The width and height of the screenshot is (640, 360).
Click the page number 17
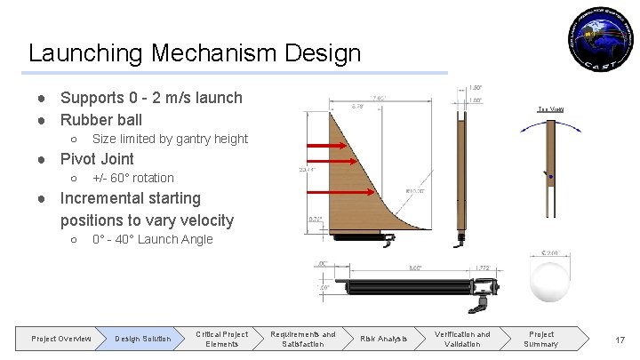tap(619, 339)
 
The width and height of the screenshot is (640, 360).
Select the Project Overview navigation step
tap(60, 339)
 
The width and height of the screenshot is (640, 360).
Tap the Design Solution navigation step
tap(142, 339)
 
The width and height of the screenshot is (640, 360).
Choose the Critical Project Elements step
tap(221, 339)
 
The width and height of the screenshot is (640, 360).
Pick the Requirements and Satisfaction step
tap(302, 339)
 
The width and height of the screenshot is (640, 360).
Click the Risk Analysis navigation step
tap(383, 339)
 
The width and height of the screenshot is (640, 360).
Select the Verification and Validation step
tap(461, 339)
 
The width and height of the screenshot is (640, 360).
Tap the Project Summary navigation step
tap(540, 339)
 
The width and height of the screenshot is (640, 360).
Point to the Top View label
tap(550, 108)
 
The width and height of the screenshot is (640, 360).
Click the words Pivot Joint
tap(97, 159)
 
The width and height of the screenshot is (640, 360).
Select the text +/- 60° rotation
tap(133, 178)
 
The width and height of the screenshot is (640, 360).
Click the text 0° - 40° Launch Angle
tap(153, 239)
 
